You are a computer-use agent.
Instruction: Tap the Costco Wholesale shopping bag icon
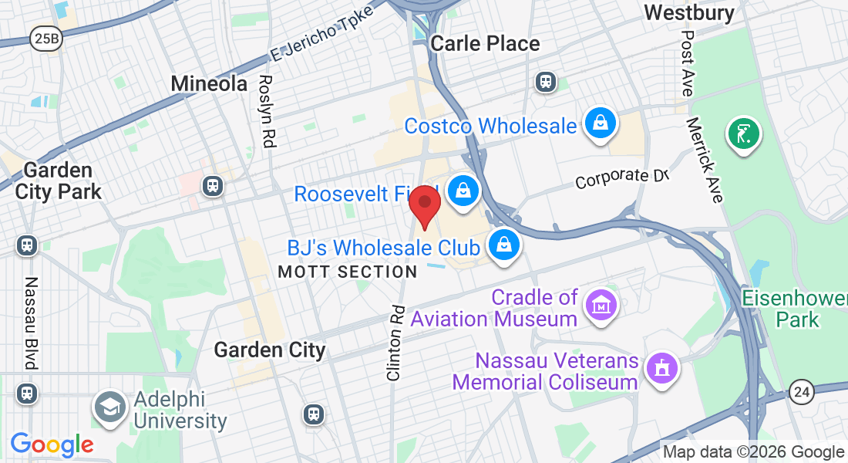tap(598, 123)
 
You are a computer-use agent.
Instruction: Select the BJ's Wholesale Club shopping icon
tap(503, 245)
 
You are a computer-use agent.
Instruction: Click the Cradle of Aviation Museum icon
tap(601, 305)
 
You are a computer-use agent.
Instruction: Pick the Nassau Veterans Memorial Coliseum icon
tap(661, 369)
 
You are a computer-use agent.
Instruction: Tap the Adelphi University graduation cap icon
tap(110, 409)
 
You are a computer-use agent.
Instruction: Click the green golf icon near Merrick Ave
tap(743, 134)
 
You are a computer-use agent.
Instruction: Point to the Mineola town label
tap(209, 83)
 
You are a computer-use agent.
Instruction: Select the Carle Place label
tap(485, 43)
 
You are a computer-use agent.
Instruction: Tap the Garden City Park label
tap(59, 181)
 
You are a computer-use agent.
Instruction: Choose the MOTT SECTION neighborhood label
tap(347, 272)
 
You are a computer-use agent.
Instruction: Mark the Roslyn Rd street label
tap(267, 111)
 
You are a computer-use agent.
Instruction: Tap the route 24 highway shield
tap(802, 393)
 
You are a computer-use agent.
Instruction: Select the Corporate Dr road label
tap(621, 178)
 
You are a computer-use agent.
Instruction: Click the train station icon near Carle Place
tap(546, 82)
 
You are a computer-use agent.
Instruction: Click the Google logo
tap(52, 444)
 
